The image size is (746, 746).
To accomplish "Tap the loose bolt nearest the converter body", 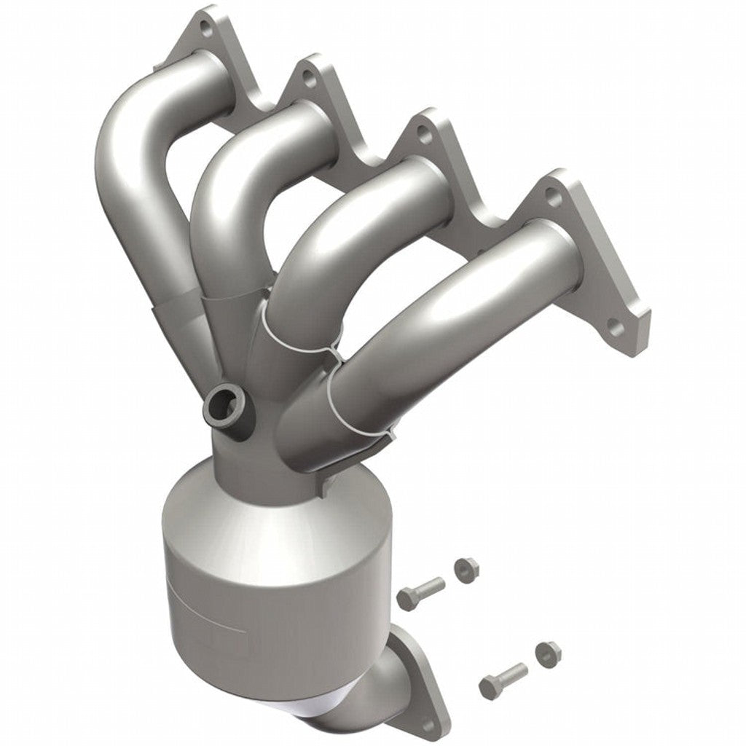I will [420, 592].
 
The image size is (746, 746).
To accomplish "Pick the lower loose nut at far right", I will [546, 651].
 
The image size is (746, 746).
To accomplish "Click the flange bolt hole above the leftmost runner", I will [206, 31].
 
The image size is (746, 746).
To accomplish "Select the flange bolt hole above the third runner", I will [423, 134].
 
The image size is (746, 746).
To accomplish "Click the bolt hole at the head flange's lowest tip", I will [617, 329].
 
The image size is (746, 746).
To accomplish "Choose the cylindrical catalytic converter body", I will [270, 583].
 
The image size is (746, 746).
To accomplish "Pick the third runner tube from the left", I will [328, 262].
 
